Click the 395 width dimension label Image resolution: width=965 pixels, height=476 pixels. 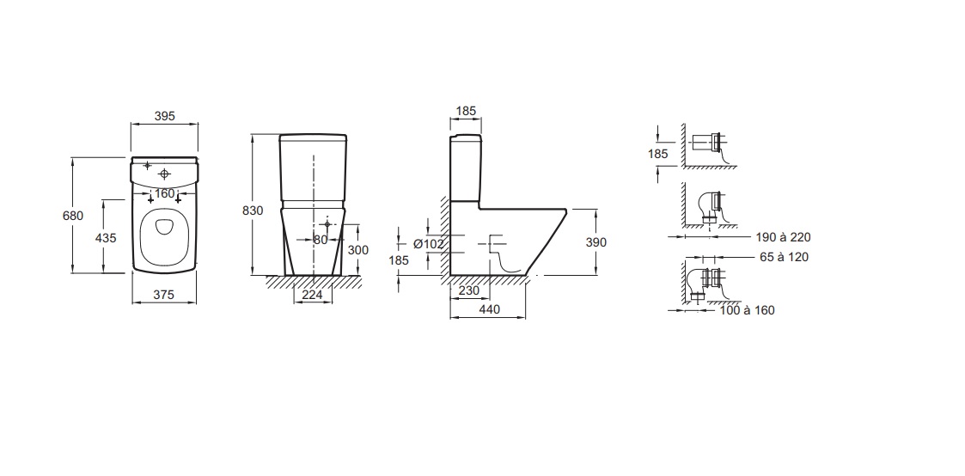[164, 116]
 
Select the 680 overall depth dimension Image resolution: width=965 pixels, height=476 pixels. [73, 216]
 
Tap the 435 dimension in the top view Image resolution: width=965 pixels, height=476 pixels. [106, 237]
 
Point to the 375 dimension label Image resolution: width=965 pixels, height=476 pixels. [164, 295]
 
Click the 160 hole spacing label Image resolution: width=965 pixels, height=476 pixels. [164, 193]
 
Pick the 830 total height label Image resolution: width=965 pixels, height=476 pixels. [253, 211]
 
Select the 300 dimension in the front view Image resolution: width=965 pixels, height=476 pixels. [358, 250]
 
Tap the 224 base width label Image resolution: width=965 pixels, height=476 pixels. [313, 295]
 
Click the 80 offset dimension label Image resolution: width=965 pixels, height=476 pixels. [321, 240]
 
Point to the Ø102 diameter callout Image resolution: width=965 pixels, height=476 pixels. [428, 244]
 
